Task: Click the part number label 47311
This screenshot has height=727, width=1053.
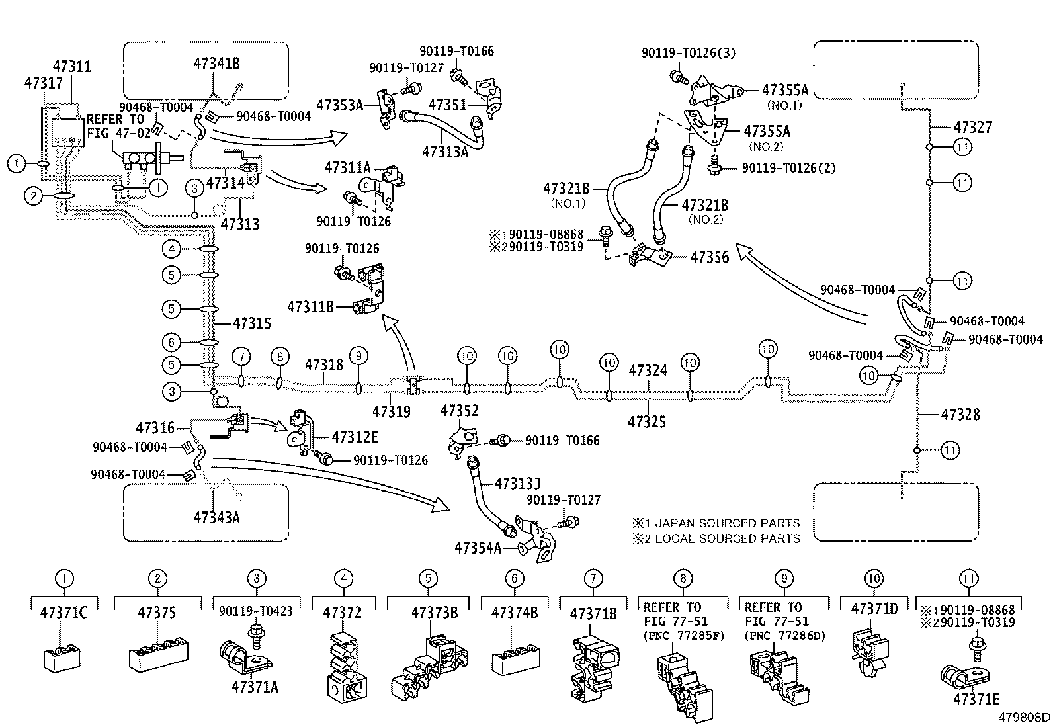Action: coord(72,67)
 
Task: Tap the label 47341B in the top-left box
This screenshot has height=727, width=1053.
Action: coord(216,64)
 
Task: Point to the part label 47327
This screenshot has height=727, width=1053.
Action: coord(973,127)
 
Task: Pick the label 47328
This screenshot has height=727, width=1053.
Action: coord(960,415)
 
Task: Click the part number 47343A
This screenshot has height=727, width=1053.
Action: coord(216,517)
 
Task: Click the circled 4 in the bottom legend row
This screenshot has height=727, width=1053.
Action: coord(343,578)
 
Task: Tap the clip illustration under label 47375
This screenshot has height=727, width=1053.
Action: coord(157,655)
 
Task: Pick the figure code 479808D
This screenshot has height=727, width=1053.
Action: coord(1024,718)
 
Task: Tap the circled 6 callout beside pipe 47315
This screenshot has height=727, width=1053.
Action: coord(171,342)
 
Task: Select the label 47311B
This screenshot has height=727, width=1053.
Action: coord(311,307)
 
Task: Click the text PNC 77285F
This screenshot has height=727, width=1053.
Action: coord(683,636)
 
